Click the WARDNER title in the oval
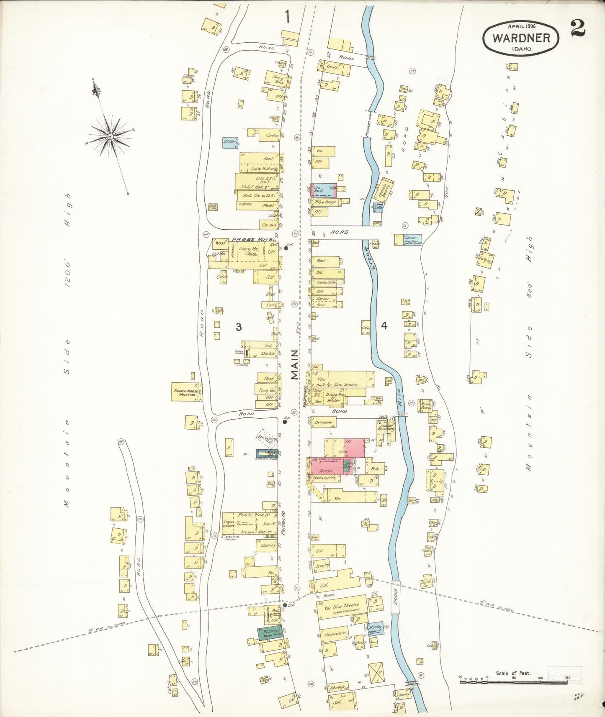pyautogui.click(x=521, y=38)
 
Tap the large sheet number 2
pyautogui.click(x=578, y=29)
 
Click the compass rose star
pyautogui.click(x=110, y=136)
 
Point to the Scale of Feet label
pyautogui.click(x=513, y=673)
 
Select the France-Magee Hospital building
pyautogui.click(x=186, y=392)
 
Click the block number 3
pyautogui.click(x=238, y=327)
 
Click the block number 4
pyautogui.click(x=384, y=326)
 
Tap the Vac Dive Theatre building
pyautogui.click(x=341, y=607)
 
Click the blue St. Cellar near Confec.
pyautogui.click(x=230, y=142)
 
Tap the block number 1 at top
pyautogui.click(x=287, y=17)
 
